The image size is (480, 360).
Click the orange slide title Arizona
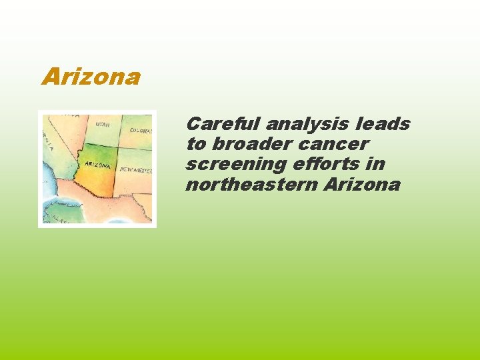coord(91,77)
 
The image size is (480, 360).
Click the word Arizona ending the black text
coord(362,184)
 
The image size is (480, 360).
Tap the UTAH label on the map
coord(103,125)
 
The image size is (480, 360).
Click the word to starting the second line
coord(196,145)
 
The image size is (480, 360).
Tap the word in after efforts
coord(377,164)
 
